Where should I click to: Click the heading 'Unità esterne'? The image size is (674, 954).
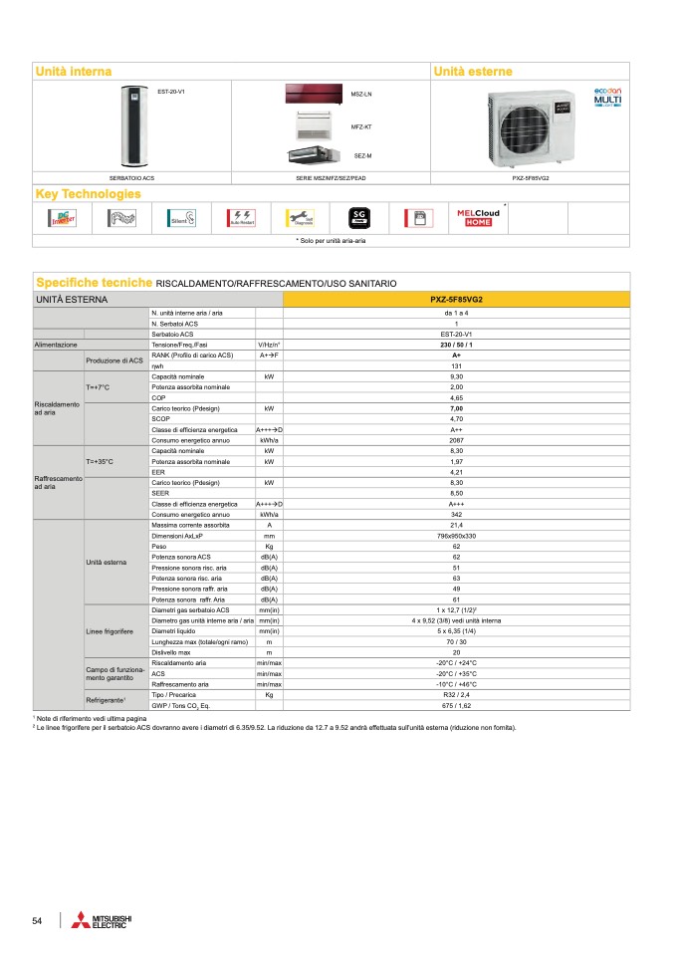point(473,72)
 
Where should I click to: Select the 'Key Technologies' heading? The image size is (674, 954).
point(88,193)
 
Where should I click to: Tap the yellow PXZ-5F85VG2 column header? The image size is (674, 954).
point(456,298)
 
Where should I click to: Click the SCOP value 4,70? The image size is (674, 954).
point(456,418)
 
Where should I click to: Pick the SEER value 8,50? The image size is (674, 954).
point(456,493)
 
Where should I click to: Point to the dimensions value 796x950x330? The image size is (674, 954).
point(456,535)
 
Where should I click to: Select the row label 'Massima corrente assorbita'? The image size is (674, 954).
point(189,524)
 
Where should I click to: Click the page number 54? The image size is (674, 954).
point(37,921)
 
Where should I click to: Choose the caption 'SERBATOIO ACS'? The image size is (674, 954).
point(131,177)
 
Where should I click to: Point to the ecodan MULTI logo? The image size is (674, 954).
point(607,97)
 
